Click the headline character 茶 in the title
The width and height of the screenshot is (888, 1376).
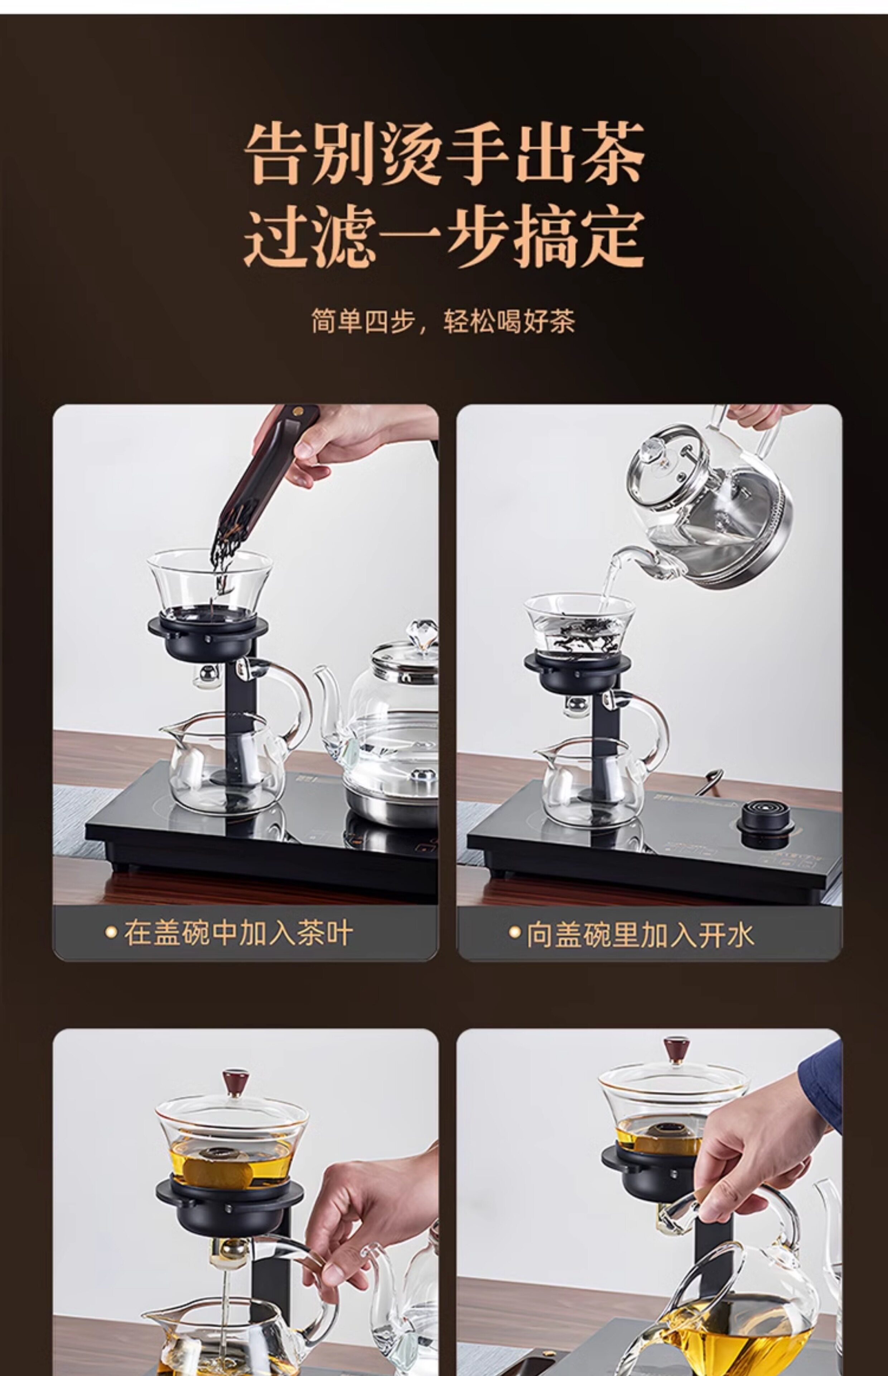tap(612, 153)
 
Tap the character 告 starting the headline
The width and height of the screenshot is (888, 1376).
tap(278, 153)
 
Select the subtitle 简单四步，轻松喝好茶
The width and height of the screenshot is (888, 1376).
tap(443, 321)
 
